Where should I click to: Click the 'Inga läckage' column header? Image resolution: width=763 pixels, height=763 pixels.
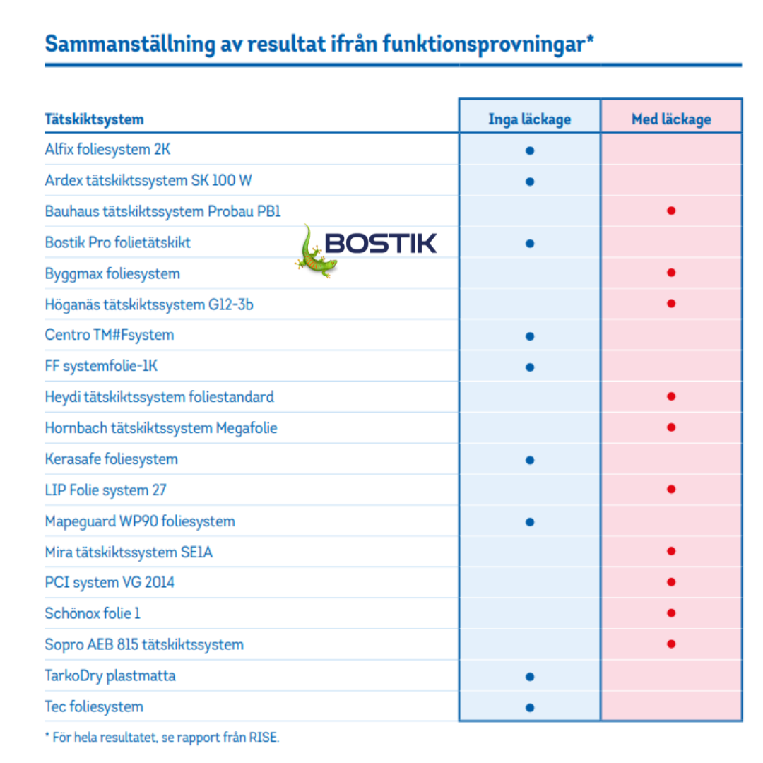click(x=529, y=119)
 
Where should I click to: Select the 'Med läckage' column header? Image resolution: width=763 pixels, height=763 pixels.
click(x=671, y=119)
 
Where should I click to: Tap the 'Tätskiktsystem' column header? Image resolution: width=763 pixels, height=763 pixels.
click(x=94, y=119)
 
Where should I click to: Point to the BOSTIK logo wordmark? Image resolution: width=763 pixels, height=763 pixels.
click(x=381, y=244)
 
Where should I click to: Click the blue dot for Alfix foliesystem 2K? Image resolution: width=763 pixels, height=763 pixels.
click(x=530, y=150)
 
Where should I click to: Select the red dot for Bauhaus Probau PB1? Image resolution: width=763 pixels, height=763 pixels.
click(x=671, y=211)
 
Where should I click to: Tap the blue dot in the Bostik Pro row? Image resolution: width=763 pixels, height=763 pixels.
click(x=530, y=244)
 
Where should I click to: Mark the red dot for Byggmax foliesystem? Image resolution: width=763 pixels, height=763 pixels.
click(x=671, y=273)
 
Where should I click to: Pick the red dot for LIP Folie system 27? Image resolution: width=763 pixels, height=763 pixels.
click(x=671, y=489)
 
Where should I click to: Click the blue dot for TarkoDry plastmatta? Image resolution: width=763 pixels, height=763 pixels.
click(x=530, y=676)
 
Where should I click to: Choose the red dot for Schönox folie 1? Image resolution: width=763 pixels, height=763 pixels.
click(x=671, y=613)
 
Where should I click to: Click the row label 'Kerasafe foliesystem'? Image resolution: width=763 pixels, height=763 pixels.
click(x=111, y=459)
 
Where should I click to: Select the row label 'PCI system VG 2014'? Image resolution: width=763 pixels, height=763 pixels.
click(x=110, y=582)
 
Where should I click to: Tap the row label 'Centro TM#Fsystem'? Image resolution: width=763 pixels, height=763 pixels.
click(x=109, y=335)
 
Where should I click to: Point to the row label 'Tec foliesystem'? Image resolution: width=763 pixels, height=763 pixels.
click(x=93, y=706)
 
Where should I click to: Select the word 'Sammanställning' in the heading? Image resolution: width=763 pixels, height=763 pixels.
click(x=129, y=44)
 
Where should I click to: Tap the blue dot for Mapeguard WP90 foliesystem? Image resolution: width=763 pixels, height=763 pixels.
click(x=530, y=522)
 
